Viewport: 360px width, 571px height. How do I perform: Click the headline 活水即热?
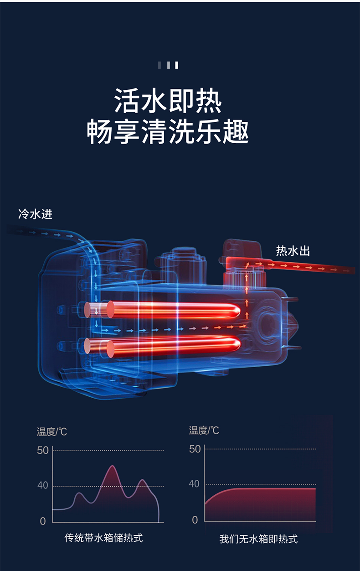168,101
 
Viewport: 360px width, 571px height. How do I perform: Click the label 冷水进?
36,214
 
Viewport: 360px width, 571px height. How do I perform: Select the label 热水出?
293,251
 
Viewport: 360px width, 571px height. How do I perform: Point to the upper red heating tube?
173,310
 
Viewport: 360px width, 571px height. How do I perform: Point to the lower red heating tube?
173,346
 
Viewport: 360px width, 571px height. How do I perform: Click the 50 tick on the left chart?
43,451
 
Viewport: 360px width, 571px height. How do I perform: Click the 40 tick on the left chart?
43,485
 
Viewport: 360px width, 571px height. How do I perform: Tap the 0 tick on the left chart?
43,521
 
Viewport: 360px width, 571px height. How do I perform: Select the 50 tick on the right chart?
195,449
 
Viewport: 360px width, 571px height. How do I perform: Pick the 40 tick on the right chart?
194,484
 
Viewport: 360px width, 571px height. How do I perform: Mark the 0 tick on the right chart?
195,520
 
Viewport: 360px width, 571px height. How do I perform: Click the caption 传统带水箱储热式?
103,538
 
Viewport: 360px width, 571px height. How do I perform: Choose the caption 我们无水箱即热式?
258,539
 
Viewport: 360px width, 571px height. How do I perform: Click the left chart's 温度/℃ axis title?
52,432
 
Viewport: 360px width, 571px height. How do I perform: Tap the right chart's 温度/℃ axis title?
204,431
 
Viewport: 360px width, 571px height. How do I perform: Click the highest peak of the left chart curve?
113,466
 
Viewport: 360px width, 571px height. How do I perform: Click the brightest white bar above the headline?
176,65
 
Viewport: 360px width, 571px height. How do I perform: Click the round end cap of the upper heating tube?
110,310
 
